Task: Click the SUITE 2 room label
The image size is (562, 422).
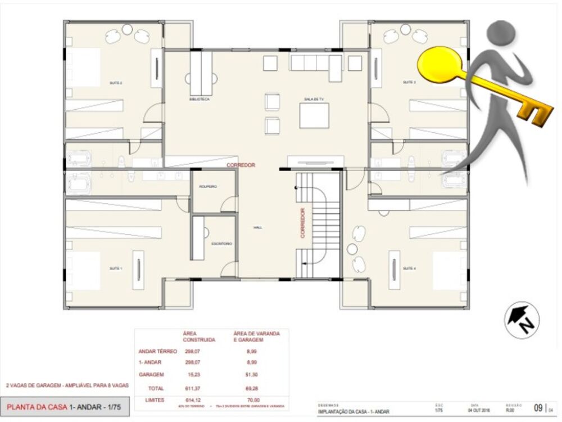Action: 116,83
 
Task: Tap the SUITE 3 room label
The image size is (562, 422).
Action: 409,83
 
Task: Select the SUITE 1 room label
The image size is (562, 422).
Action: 116,269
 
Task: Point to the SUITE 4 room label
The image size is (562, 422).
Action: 409,269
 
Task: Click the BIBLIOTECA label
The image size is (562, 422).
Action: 200,99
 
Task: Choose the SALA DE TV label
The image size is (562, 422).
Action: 314,99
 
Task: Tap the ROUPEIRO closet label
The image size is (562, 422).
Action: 208,186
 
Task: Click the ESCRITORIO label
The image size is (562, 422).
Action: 221,244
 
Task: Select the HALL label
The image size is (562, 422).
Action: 258,227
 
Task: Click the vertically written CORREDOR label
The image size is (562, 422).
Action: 302,223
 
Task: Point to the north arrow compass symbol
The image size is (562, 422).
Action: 521,320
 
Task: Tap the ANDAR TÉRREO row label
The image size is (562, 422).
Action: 157,351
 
